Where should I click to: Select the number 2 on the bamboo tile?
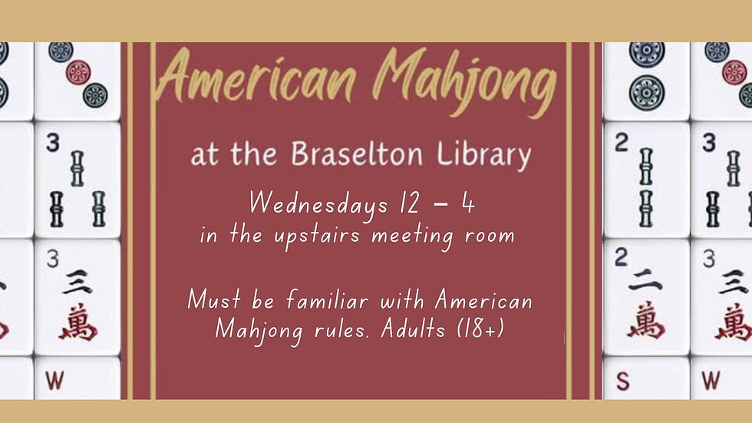621,142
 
